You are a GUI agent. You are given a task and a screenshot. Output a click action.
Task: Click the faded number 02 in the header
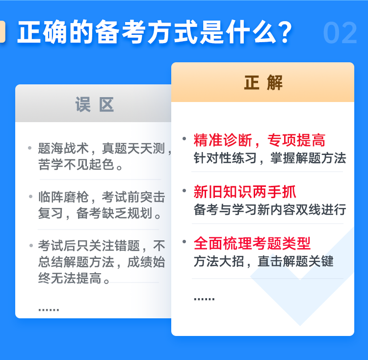pyautogui.click(x=340, y=32)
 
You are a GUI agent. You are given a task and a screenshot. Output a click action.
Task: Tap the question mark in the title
pyautogui.click(x=286, y=32)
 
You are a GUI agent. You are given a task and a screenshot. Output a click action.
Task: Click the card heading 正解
pyautogui.click(x=263, y=82)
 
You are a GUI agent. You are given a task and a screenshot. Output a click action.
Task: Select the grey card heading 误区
pyautogui.click(x=95, y=104)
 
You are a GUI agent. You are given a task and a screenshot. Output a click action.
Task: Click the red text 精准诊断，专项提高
pyautogui.click(x=260, y=140)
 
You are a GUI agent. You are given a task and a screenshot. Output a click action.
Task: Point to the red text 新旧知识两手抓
pyautogui.click(x=245, y=192)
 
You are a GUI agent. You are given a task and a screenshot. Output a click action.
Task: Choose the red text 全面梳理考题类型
pyautogui.click(x=252, y=243)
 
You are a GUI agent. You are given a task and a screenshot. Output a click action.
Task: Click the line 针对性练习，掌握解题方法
pyautogui.click(x=270, y=158)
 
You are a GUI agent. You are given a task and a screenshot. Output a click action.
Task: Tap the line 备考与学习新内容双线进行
pyautogui.click(x=270, y=209)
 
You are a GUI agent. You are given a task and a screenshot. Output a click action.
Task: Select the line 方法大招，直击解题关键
pyautogui.click(x=263, y=261)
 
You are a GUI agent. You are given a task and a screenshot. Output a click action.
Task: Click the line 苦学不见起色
pyautogui.click(x=80, y=164)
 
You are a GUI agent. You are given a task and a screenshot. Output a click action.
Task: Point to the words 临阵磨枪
pyautogui.click(x=64, y=197)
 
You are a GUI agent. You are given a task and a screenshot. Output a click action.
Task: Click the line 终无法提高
pyautogui.click(x=74, y=278)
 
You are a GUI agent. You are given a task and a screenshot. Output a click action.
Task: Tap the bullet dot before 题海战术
pyautogui.click(x=30, y=148)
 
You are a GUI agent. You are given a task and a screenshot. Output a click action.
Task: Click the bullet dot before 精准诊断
pyautogui.click(x=184, y=139)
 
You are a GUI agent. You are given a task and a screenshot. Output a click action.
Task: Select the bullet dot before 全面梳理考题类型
pyautogui.click(x=184, y=241)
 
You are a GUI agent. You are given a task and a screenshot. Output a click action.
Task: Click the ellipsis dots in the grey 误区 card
pyautogui.click(x=49, y=310)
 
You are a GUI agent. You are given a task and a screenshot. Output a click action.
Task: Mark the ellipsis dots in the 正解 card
pyautogui.click(x=204, y=299)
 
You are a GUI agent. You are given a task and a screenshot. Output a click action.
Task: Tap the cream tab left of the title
pyautogui.click(x=2, y=32)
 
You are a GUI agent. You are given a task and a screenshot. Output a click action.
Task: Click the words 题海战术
pyautogui.click(x=64, y=149)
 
